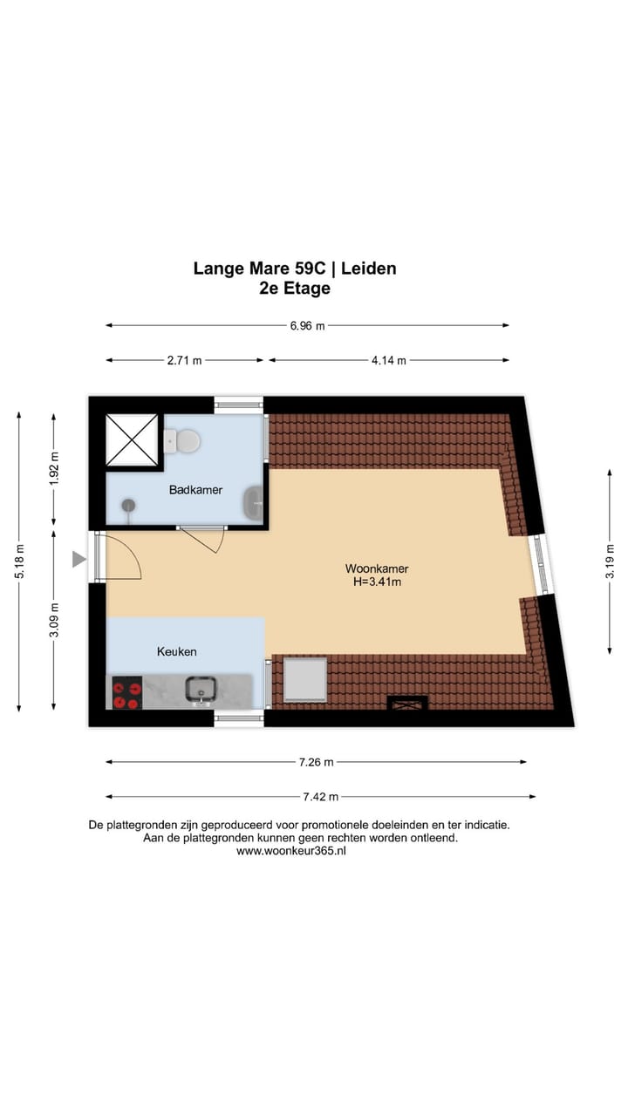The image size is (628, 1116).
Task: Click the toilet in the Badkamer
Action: (182, 440)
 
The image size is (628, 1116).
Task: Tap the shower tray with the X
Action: (132, 442)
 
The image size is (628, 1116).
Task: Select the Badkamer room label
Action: (195, 490)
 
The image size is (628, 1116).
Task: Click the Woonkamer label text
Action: (377, 569)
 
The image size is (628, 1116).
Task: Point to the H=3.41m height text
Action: (377, 582)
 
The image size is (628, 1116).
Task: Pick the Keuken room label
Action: (176, 651)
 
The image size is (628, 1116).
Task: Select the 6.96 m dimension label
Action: (307, 326)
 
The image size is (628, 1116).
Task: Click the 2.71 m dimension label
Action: (184, 360)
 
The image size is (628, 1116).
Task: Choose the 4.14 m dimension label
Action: (388, 360)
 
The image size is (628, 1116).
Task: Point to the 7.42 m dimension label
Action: (321, 796)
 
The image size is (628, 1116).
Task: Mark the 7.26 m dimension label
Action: (316, 762)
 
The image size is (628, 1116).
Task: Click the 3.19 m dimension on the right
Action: (610, 561)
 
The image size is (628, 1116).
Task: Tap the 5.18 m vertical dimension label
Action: (19, 561)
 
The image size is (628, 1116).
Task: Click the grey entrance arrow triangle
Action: (78, 560)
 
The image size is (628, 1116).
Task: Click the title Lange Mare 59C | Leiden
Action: (295, 269)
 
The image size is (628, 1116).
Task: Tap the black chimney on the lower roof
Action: (406, 703)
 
